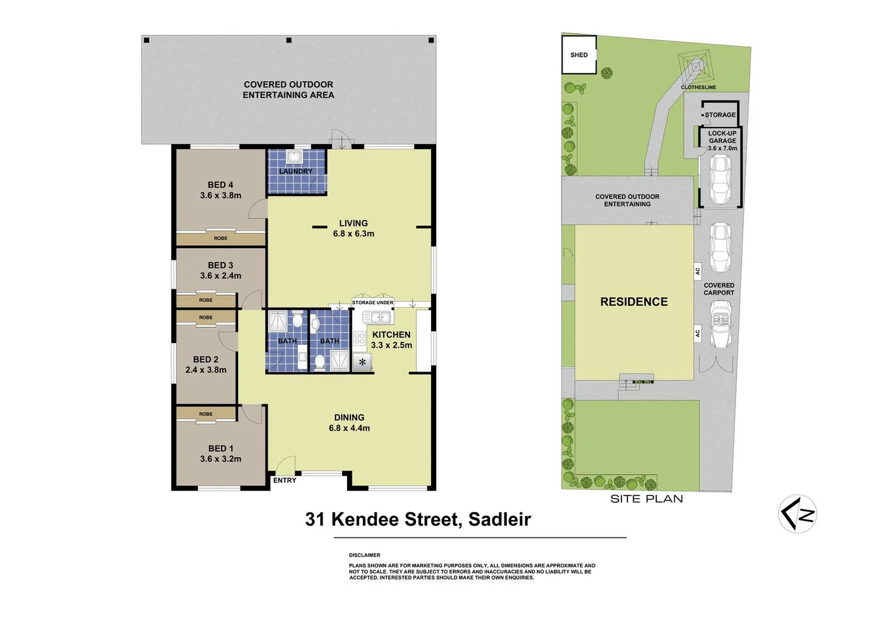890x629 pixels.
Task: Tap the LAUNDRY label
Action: point(296,171)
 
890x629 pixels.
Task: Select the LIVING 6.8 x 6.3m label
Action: point(354,228)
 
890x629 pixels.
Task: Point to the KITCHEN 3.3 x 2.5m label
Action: point(391,340)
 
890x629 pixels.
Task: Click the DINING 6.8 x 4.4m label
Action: point(349,423)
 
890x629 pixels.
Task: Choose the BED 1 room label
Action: point(220,454)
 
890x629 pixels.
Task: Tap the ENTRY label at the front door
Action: point(284,480)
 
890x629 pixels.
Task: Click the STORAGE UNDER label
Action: point(373,303)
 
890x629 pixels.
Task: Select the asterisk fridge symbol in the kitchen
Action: point(362,363)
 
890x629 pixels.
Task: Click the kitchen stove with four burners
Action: point(359,338)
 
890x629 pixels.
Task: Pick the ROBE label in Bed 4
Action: point(220,238)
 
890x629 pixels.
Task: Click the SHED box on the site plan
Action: point(579,55)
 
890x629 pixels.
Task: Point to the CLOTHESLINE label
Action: point(698,87)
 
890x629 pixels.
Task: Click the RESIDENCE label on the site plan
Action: point(634,302)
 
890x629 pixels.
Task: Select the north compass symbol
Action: point(797,514)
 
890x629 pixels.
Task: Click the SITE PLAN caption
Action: point(647,499)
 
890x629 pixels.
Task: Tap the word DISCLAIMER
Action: point(365,555)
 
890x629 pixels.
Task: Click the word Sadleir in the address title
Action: point(499,519)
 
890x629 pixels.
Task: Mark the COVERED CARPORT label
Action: point(719,289)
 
